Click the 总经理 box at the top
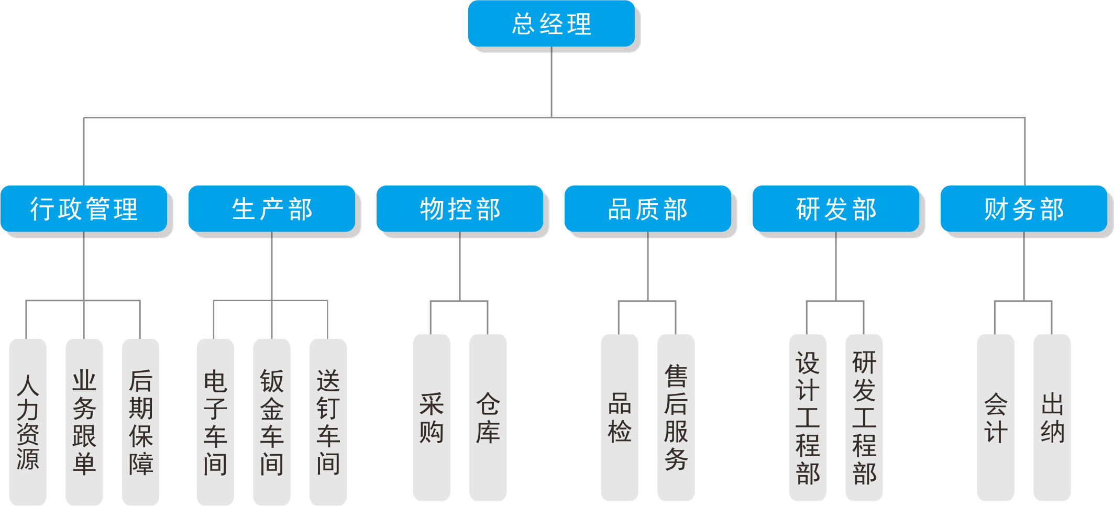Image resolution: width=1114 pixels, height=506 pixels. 552,24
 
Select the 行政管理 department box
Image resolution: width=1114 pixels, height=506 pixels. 84,208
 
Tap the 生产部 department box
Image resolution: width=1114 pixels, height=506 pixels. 272,208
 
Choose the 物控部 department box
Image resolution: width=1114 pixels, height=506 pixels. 460,208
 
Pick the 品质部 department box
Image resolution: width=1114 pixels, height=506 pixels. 648,208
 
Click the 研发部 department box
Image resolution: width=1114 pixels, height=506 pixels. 836,208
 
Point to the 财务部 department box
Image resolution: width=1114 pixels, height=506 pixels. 1024,208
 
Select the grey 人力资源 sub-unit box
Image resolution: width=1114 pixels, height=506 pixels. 28,422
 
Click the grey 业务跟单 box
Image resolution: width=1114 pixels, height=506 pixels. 84,422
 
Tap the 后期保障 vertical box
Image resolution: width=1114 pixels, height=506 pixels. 140,422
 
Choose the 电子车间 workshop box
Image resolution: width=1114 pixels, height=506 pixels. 215,422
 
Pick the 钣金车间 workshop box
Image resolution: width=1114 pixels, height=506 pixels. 272,422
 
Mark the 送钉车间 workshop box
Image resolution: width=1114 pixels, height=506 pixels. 328,422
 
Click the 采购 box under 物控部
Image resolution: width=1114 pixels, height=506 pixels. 432,417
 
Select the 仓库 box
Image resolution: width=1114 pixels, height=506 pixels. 488,417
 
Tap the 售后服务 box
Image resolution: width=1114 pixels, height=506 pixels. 676,417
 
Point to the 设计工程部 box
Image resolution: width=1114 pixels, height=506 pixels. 808,417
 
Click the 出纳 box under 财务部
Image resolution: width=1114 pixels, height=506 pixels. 1052,417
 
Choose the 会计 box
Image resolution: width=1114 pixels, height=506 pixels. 996,417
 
